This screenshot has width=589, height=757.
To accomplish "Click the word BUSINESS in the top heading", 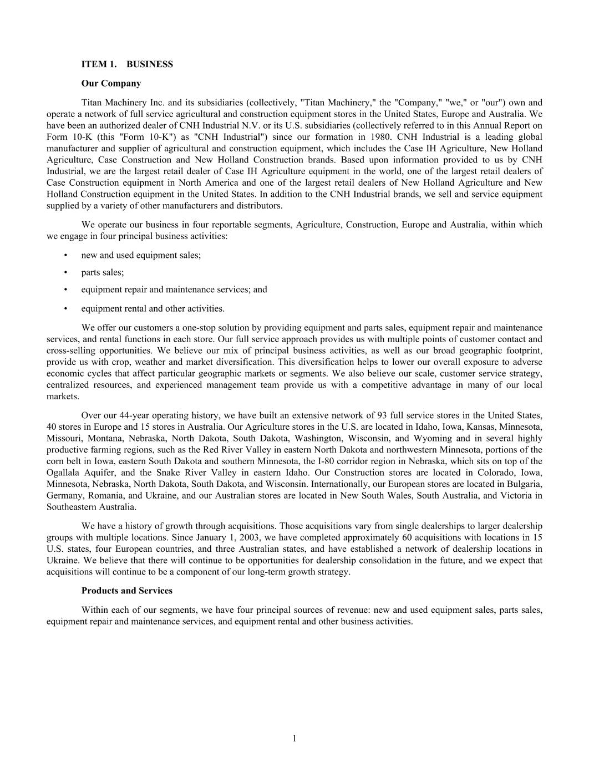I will tap(150, 64).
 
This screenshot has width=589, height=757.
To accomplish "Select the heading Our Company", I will tap(111, 83).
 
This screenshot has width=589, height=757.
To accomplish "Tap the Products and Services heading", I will tap(126, 591).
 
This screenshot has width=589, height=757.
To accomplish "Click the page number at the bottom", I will tap(294, 738).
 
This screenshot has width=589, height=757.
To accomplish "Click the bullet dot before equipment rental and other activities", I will tap(66, 309).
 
